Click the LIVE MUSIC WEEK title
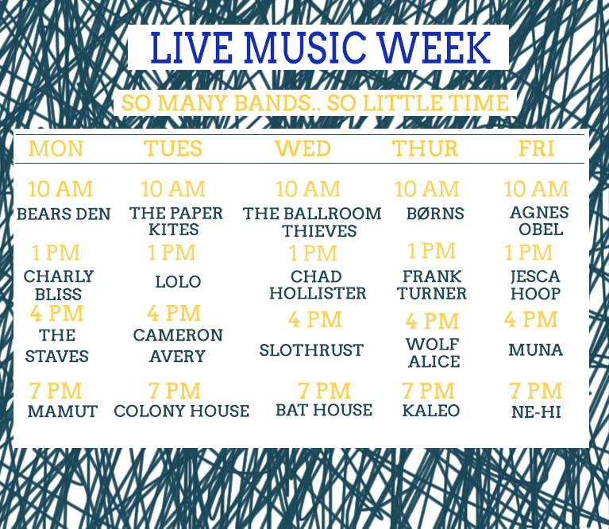[x=321, y=48]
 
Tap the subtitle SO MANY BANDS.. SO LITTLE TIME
[x=315, y=103]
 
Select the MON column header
[x=56, y=149]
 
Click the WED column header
[x=303, y=149]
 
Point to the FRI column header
[x=537, y=149]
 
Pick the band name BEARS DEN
[x=64, y=214]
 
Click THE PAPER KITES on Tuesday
[x=176, y=221]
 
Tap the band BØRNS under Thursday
[x=435, y=214]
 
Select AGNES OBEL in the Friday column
[x=539, y=221]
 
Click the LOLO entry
[x=179, y=282]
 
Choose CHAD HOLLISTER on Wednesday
[x=318, y=284]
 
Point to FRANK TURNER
[x=432, y=284]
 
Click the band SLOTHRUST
[x=311, y=350]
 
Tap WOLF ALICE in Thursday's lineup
[x=434, y=353]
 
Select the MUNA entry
[x=536, y=350]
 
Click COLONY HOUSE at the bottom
[x=182, y=411]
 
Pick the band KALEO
[x=431, y=411]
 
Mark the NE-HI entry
[x=537, y=412]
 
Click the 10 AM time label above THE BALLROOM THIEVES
[x=308, y=189]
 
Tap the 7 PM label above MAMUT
[x=56, y=391]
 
